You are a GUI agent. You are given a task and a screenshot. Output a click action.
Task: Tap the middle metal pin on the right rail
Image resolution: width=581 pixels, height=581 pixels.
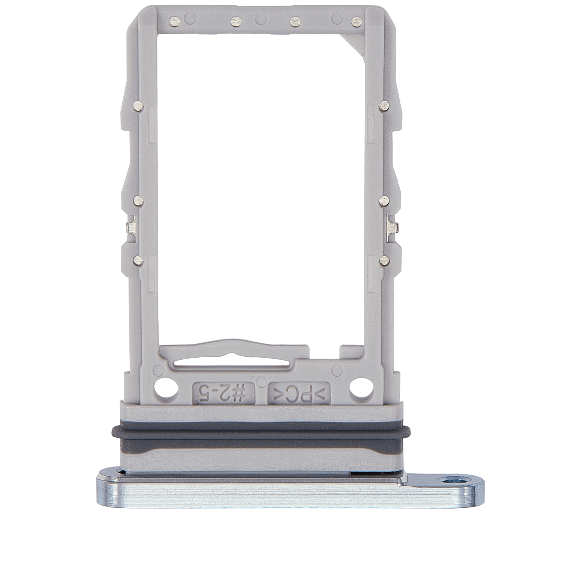coord(384,202)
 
